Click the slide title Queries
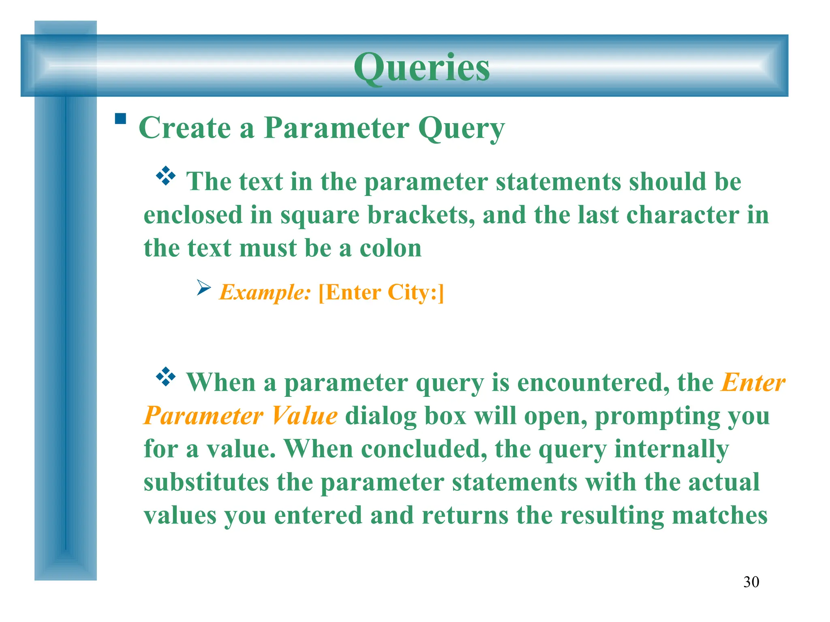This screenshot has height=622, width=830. pyautogui.click(x=421, y=67)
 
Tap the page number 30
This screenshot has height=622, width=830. pyautogui.click(x=751, y=582)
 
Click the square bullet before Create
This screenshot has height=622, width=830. pyautogui.click(x=120, y=119)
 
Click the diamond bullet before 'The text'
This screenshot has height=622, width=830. pyautogui.click(x=166, y=176)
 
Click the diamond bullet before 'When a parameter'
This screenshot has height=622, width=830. pyautogui.click(x=166, y=377)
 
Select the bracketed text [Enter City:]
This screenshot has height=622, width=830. pyautogui.click(x=381, y=292)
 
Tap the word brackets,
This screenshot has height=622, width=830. pyautogui.click(x=421, y=215)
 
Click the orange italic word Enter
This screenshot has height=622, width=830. pyautogui.click(x=753, y=382)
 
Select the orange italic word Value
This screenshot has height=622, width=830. pyautogui.click(x=304, y=415)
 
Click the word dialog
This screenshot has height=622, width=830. pyautogui.click(x=381, y=416)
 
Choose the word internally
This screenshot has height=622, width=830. pyautogui.click(x=672, y=449)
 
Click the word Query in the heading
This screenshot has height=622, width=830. pyautogui.click(x=461, y=129)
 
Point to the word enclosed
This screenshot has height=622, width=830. pyautogui.click(x=193, y=215)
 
